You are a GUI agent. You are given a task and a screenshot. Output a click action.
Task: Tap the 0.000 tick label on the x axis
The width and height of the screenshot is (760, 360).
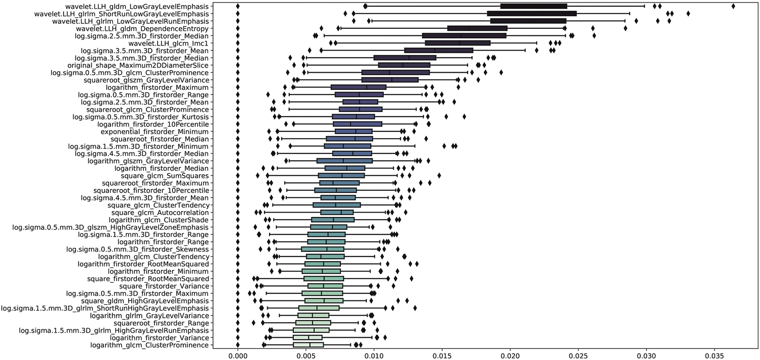[x=238, y=354]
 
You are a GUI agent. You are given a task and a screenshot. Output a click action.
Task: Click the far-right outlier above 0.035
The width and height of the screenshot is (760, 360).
[x=733, y=6]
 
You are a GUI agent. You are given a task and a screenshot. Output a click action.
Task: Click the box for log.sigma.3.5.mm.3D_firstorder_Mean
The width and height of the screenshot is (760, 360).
[x=439, y=50]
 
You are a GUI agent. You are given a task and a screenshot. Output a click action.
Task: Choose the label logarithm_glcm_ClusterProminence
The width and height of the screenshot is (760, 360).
[x=149, y=345]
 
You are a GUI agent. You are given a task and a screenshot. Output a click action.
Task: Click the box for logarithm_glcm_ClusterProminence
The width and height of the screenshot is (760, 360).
[x=309, y=345]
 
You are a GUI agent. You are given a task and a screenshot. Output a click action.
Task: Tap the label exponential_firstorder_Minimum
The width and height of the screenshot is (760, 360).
[x=155, y=131]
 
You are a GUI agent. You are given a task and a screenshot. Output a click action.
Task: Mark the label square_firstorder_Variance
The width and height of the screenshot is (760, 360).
[x=163, y=286]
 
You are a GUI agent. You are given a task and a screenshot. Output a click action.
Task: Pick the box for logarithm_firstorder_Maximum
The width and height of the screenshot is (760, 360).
[x=359, y=87]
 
